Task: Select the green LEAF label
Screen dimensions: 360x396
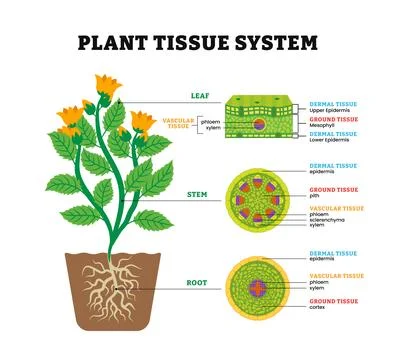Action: [201, 97]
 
